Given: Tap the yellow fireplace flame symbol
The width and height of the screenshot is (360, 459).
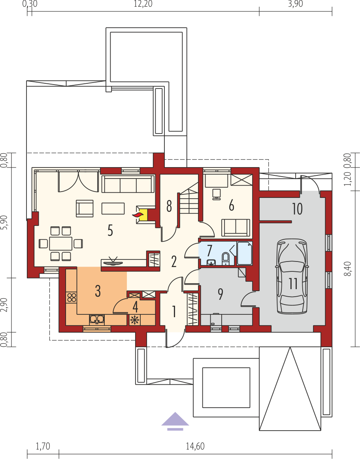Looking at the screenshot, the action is tap(142, 215).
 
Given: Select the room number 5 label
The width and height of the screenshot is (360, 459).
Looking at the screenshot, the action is tap(110, 230).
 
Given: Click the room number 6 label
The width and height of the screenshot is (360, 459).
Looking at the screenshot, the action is tap(232, 206).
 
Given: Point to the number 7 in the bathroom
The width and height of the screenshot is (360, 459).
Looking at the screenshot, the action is tap(209, 251).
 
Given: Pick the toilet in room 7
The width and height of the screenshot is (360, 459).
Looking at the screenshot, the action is tap(226, 258).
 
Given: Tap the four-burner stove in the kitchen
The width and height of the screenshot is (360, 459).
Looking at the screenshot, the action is tap(72, 298).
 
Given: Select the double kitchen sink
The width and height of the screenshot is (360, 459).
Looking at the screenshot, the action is tap(97, 320).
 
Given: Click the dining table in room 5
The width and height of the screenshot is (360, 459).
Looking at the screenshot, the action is tap(60, 244).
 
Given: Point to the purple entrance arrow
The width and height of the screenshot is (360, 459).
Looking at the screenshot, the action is tap(175, 421).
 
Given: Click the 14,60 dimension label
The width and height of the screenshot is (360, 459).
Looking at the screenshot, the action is tap(195, 446).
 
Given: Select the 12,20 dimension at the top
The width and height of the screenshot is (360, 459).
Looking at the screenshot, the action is tap(143, 4).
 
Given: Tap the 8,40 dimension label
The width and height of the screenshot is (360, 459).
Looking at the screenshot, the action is tap(349, 269).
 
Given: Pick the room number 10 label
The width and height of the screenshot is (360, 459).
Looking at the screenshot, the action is tap(297, 209).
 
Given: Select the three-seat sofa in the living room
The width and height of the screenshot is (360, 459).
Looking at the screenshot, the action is tap(128, 184).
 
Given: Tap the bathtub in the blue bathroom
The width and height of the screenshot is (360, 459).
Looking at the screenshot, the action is tap(244, 253).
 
